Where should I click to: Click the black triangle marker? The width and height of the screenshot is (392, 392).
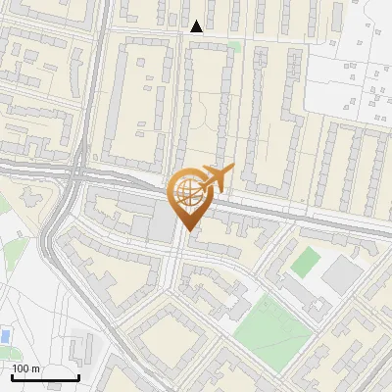197,26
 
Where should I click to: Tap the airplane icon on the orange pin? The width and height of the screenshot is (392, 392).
214,178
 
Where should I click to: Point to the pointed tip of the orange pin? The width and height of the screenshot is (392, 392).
186,230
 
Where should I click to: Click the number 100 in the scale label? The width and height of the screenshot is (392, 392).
22,368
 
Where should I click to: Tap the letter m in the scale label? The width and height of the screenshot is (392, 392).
35,368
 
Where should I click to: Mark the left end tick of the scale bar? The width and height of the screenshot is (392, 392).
12,377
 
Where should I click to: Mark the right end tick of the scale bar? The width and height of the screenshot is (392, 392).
78,377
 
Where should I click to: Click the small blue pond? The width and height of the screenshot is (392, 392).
6,336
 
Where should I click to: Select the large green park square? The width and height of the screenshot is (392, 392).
271,325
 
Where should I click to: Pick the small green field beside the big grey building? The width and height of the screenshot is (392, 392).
306,262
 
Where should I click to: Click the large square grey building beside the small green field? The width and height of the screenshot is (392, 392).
341,275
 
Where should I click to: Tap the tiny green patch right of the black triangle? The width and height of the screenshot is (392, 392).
234,45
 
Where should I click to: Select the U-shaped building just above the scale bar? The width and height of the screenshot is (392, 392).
81,347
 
